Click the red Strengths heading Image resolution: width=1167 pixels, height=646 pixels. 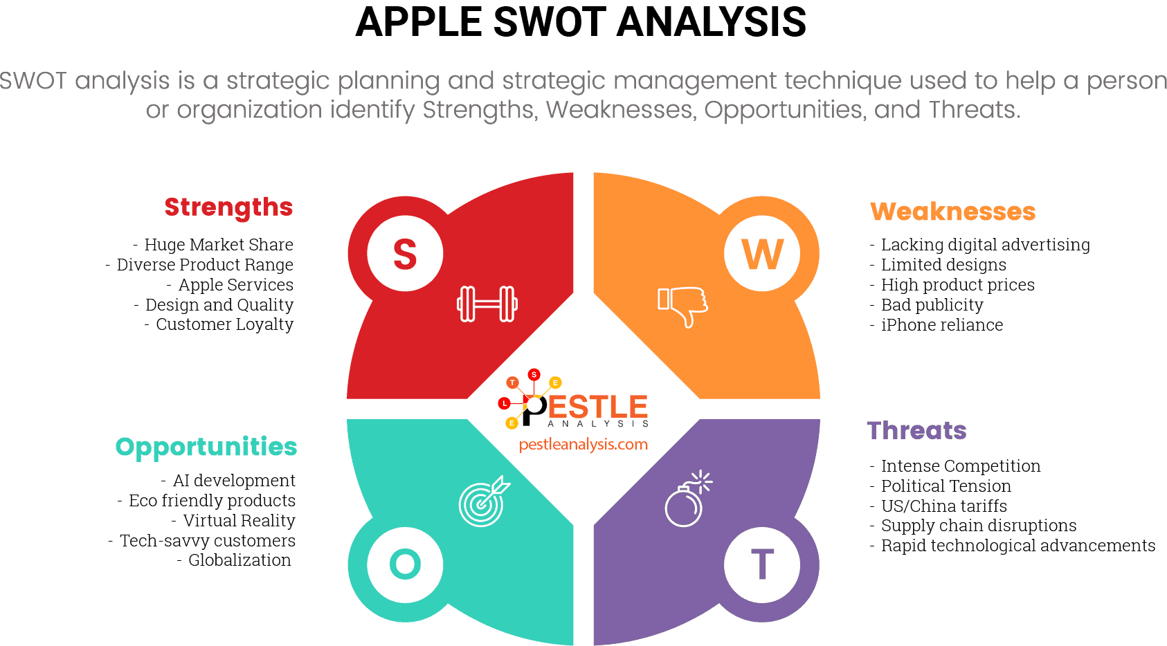(228, 207)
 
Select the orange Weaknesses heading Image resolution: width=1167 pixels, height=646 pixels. (952, 212)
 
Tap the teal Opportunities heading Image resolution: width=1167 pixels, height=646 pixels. (206, 447)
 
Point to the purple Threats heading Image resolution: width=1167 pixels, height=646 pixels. (916, 431)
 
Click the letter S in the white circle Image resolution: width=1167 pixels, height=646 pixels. (405, 255)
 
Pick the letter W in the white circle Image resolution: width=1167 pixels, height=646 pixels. (762, 255)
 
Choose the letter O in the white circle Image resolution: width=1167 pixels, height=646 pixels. (405, 564)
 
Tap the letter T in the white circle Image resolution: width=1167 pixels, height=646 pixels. (762, 564)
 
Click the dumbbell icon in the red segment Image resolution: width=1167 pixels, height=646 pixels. (487, 304)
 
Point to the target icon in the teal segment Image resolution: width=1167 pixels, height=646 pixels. (483, 501)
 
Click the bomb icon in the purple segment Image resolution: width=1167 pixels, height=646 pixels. (687, 499)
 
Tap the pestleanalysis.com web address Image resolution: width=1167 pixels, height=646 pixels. (583, 444)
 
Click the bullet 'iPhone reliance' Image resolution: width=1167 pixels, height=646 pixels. (941, 325)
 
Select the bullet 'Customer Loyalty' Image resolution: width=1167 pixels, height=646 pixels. (224, 324)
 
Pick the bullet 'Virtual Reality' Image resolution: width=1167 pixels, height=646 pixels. (239, 521)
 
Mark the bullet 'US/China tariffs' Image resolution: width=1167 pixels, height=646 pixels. (943, 506)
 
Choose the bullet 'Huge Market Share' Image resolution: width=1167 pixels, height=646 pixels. (219, 245)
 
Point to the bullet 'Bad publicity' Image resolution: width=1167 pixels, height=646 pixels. (932, 305)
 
